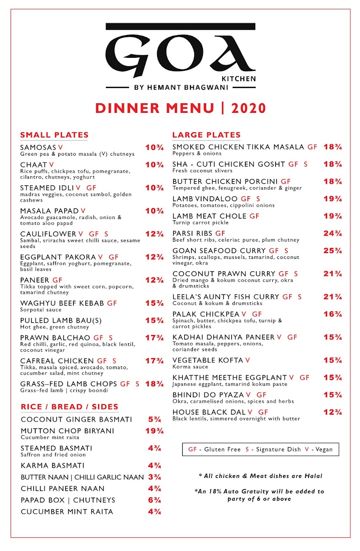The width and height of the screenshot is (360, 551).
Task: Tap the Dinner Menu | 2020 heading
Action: (180, 108)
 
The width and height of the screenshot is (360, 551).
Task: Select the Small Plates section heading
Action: (54, 135)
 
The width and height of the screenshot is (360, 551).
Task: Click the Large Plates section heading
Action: (206, 135)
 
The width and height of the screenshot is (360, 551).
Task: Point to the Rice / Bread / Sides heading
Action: (69, 407)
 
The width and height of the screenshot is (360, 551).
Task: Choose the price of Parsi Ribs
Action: (332, 234)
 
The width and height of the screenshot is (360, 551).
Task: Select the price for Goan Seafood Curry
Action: (332, 251)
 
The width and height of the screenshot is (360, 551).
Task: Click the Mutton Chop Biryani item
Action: (67, 431)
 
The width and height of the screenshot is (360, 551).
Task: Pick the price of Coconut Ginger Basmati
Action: (154, 420)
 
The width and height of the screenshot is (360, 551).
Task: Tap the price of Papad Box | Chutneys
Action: (154, 500)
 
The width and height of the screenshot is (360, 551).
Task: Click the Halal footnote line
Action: (260, 476)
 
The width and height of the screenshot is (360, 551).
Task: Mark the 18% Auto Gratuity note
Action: (259, 495)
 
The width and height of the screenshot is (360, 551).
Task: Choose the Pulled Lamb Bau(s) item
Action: (61, 320)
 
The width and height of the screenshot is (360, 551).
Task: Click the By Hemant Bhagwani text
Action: (180, 87)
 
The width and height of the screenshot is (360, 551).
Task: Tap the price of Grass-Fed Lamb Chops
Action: (154, 384)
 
